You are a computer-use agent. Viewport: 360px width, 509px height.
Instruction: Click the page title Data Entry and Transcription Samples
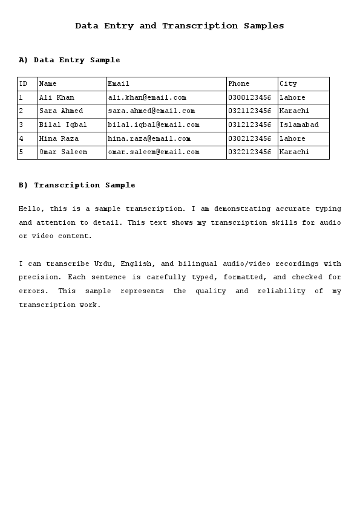pyautogui.click(x=180, y=26)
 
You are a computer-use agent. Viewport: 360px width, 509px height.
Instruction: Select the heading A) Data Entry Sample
pyautogui.click(x=70, y=60)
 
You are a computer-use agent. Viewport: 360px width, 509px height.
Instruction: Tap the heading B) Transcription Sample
pyautogui.click(x=77, y=185)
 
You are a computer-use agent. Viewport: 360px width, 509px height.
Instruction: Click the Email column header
pyautogui.click(x=119, y=84)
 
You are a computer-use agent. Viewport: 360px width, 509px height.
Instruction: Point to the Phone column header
pyautogui.click(x=238, y=84)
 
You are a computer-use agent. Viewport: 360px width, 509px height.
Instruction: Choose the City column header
pyautogui.click(x=288, y=84)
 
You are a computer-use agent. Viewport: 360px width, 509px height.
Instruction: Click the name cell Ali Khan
pyautogui.click(x=57, y=97)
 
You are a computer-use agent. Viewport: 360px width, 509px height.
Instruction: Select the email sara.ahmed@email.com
pyautogui.click(x=151, y=111)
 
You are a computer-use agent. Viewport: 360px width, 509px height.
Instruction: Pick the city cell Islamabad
pyautogui.click(x=299, y=125)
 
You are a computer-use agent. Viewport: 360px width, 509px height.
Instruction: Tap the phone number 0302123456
pyautogui.click(x=249, y=138)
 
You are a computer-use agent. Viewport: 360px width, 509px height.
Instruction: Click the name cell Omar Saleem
pyautogui.click(x=63, y=152)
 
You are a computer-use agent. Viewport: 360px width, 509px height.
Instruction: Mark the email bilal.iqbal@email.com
pyautogui.click(x=154, y=125)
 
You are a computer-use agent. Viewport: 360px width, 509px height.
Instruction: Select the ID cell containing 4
pyautogui.click(x=21, y=138)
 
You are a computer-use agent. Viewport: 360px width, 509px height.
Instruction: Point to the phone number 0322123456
pyautogui.click(x=249, y=152)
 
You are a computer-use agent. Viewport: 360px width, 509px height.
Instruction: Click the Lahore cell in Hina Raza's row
pyautogui.click(x=292, y=138)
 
